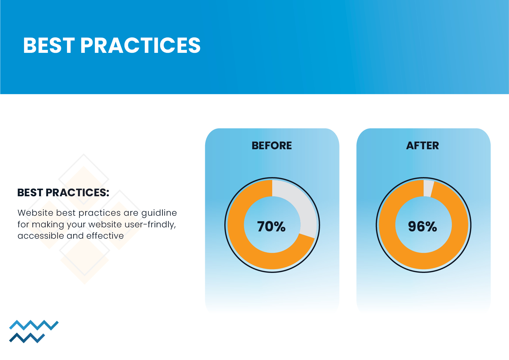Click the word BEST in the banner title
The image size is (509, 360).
point(49,45)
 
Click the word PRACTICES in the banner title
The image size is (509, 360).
point(140,45)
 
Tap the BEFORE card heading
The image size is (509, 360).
point(272,145)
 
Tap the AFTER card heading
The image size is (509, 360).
point(423,145)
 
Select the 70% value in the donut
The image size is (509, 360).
point(271,226)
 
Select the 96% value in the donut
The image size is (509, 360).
point(423,226)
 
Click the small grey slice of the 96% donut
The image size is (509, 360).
point(428,188)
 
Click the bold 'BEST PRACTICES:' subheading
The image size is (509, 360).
point(63,192)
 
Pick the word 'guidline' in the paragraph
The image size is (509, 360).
point(159,213)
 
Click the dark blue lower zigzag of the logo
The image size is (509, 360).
point(27,338)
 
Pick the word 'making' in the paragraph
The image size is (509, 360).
point(48,225)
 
